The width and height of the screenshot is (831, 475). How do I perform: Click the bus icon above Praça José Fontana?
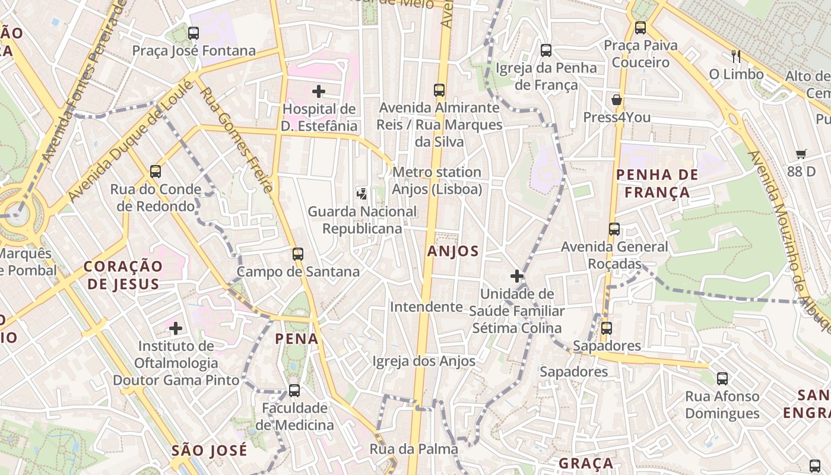(194, 33)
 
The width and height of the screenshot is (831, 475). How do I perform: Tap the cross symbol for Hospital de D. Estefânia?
(319, 91)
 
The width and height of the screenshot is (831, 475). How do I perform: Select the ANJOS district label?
(453, 251)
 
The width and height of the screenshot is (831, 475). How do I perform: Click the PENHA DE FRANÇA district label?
(657, 183)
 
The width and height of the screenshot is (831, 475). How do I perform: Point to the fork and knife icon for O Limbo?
(736, 56)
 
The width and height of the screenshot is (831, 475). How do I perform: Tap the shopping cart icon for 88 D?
(801, 154)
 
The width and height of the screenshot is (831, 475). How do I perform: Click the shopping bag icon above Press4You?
(617, 100)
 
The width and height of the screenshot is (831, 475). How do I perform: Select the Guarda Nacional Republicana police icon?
(361, 193)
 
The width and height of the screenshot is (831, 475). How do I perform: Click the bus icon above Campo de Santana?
(298, 254)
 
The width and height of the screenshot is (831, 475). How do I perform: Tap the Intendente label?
(426, 307)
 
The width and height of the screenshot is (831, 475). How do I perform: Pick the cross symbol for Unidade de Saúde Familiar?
(517, 276)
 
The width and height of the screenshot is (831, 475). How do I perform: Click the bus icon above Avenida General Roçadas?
(614, 229)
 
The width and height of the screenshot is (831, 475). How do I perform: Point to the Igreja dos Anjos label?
(424, 361)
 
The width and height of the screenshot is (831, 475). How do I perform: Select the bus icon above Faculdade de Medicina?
(294, 391)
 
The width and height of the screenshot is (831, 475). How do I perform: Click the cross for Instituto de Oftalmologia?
(176, 328)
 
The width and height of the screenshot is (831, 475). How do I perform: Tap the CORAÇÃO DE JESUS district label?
(123, 275)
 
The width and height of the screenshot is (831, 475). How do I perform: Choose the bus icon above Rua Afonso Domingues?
(722, 378)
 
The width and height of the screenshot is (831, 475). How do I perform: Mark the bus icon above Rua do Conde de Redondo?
(156, 172)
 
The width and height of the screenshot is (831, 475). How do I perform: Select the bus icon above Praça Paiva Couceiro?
(640, 27)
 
